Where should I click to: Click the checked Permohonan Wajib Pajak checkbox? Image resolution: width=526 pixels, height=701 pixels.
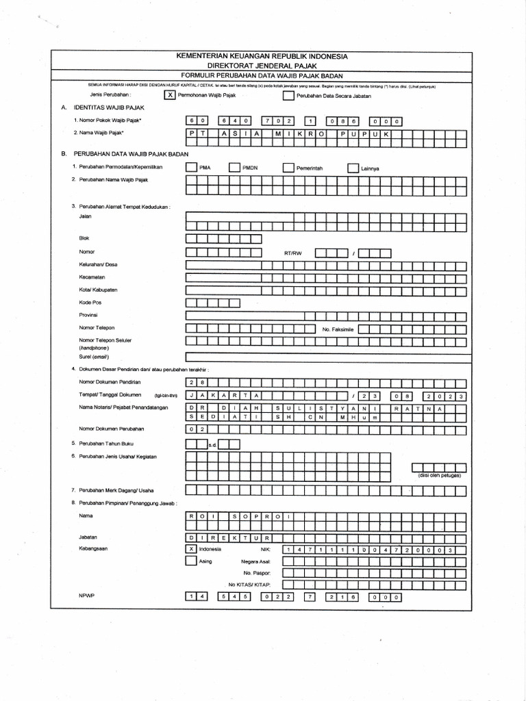point(169,95)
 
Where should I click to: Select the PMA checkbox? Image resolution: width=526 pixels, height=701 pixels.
point(191,167)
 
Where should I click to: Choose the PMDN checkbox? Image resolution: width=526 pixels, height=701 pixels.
point(234,167)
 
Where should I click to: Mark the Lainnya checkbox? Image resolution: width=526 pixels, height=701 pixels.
point(352,167)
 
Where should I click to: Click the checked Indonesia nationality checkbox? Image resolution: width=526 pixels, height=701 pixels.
point(191,548)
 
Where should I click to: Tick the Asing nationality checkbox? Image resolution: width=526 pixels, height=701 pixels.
point(191,561)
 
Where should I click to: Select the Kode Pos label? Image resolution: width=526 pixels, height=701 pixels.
point(90,302)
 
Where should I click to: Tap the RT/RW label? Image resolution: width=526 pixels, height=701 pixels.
point(292,253)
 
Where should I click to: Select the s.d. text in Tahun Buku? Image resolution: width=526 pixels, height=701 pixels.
point(212,445)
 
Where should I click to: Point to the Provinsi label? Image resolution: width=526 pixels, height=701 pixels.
point(90,315)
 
